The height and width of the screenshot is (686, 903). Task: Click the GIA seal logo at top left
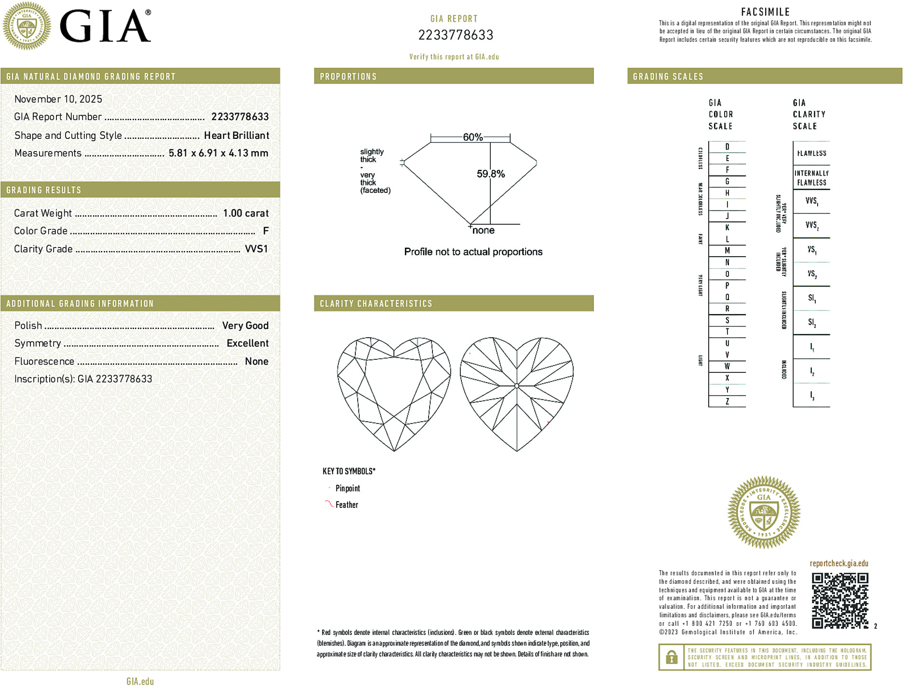point(27,26)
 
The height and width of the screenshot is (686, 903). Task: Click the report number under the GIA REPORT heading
point(456,35)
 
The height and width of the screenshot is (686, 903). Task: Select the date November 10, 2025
point(58,99)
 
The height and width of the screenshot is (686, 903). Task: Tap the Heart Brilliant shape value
point(236,136)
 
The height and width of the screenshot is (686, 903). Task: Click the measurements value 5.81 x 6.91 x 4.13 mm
point(218,153)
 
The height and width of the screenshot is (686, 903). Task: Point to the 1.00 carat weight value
point(245,213)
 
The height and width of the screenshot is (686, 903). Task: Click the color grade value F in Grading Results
point(266,231)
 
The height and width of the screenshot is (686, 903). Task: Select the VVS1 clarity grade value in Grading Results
point(256,249)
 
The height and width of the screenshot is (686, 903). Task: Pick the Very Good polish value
point(245,326)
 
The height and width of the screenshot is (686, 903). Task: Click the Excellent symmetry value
point(247,343)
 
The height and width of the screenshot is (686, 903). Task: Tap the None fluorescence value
point(256,361)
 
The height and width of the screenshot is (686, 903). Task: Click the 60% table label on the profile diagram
point(472,137)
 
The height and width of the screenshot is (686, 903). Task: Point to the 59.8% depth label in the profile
point(491,174)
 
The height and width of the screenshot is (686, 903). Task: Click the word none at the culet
point(484,231)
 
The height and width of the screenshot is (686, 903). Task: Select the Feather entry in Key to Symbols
point(347,505)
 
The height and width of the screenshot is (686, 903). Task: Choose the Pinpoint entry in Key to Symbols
point(348,489)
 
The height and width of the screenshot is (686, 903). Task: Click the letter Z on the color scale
point(727,401)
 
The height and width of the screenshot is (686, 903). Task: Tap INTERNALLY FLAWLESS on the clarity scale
point(811,178)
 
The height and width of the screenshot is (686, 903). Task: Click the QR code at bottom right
point(839,601)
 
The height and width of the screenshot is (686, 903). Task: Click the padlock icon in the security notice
point(671,657)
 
